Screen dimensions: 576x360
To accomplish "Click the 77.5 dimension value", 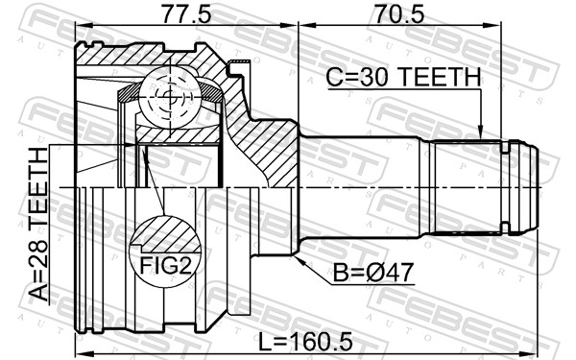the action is [187, 14].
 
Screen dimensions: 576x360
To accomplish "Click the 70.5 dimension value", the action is [399, 14].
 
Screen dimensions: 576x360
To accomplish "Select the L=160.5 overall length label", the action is [305, 342].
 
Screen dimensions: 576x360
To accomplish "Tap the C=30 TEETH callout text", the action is [403, 77].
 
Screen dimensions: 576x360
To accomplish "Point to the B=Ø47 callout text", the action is [373, 272].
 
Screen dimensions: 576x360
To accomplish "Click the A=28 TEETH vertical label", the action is [38, 224].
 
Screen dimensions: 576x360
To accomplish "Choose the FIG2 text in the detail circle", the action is [166, 265].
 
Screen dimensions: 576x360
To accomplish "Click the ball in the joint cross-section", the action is [170, 97].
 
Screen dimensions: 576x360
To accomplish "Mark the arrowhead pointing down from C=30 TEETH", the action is [480, 133].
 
